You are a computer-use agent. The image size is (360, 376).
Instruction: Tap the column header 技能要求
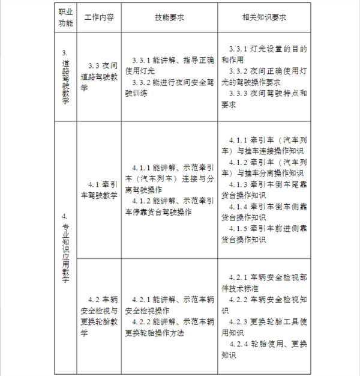pos(169,17)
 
